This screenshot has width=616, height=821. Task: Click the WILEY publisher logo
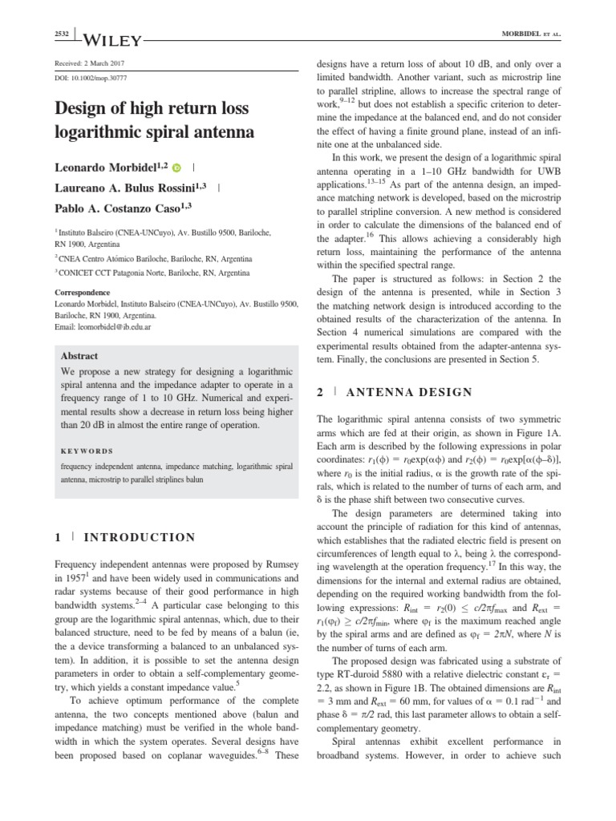pyautogui.click(x=112, y=39)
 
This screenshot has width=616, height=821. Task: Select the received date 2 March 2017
pyautogui.click(x=88, y=63)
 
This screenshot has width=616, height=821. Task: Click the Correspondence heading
pyautogui.click(x=83, y=293)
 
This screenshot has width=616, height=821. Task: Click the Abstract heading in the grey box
pyautogui.click(x=79, y=356)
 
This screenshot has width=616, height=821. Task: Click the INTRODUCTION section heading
pyautogui.click(x=140, y=537)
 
